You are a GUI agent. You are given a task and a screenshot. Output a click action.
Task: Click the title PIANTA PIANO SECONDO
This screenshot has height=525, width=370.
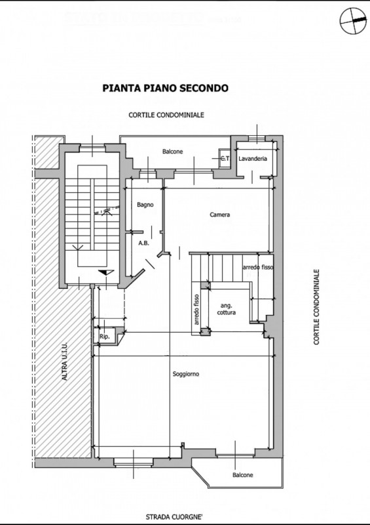pyautogui.click(x=166, y=88)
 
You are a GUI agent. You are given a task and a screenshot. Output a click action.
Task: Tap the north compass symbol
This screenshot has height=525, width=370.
pyautogui.click(x=353, y=21)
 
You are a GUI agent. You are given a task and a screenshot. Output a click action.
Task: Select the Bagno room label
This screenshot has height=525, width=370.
pyautogui.click(x=145, y=205)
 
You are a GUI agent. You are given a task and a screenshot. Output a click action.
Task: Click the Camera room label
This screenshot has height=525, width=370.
pyautogui.click(x=219, y=215)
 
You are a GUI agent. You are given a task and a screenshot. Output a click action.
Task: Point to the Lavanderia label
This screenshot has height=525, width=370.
pyautogui.click(x=253, y=159)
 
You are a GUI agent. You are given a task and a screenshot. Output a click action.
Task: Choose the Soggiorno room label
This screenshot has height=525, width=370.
pyautogui.click(x=186, y=374)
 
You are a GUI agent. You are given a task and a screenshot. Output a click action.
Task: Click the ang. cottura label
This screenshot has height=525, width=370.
pyautogui.click(x=227, y=309)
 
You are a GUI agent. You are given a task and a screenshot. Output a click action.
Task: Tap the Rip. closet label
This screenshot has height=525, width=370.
pyautogui.click(x=105, y=337)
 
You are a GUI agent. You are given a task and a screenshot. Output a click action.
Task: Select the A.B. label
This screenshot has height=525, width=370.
pyautogui.click(x=143, y=243)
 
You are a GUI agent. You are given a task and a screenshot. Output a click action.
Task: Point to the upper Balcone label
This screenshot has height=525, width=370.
pyautogui.click(x=172, y=152)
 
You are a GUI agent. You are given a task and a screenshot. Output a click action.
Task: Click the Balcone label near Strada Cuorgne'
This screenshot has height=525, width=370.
pyautogui.click(x=243, y=475)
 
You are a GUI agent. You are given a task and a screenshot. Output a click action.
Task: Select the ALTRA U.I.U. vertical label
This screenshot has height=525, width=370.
pyautogui.click(x=65, y=361)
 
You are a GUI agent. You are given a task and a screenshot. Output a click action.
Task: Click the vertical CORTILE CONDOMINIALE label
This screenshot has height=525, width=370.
pyautogui.click(x=316, y=307)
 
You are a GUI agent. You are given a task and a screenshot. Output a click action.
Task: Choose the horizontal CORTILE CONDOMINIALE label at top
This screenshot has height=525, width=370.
pyautogui.click(x=166, y=115)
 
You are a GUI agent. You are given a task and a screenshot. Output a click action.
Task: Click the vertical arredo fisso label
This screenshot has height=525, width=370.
pyautogui.click(x=196, y=309)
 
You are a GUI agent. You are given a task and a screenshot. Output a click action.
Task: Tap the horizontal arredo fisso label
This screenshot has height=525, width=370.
pyautogui.click(x=258, y=268)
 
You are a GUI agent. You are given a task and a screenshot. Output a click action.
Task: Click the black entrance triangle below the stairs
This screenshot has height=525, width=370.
pyautogui.click(x=106, y=272)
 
